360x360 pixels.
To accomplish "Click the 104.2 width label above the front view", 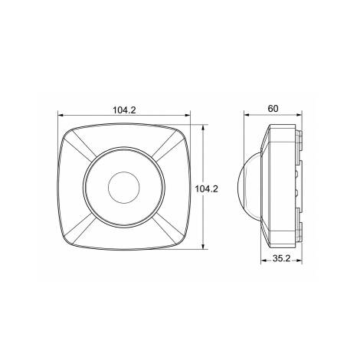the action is [x=125, y=110].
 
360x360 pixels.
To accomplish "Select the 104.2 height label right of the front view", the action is [x=207, y=189].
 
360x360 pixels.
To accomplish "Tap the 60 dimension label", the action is [x=273, y=109].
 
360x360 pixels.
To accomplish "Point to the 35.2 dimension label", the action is [x=281, y=258].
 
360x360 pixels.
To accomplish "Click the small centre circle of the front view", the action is [x=124, y=188].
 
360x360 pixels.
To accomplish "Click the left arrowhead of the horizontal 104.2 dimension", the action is [x=61, y=115].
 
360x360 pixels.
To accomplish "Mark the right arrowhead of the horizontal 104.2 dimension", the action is [x=188, y=115].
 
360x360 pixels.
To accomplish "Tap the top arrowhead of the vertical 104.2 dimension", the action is [x=203, y=127].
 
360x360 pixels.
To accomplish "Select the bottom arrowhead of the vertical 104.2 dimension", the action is [x=203, y=246].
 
